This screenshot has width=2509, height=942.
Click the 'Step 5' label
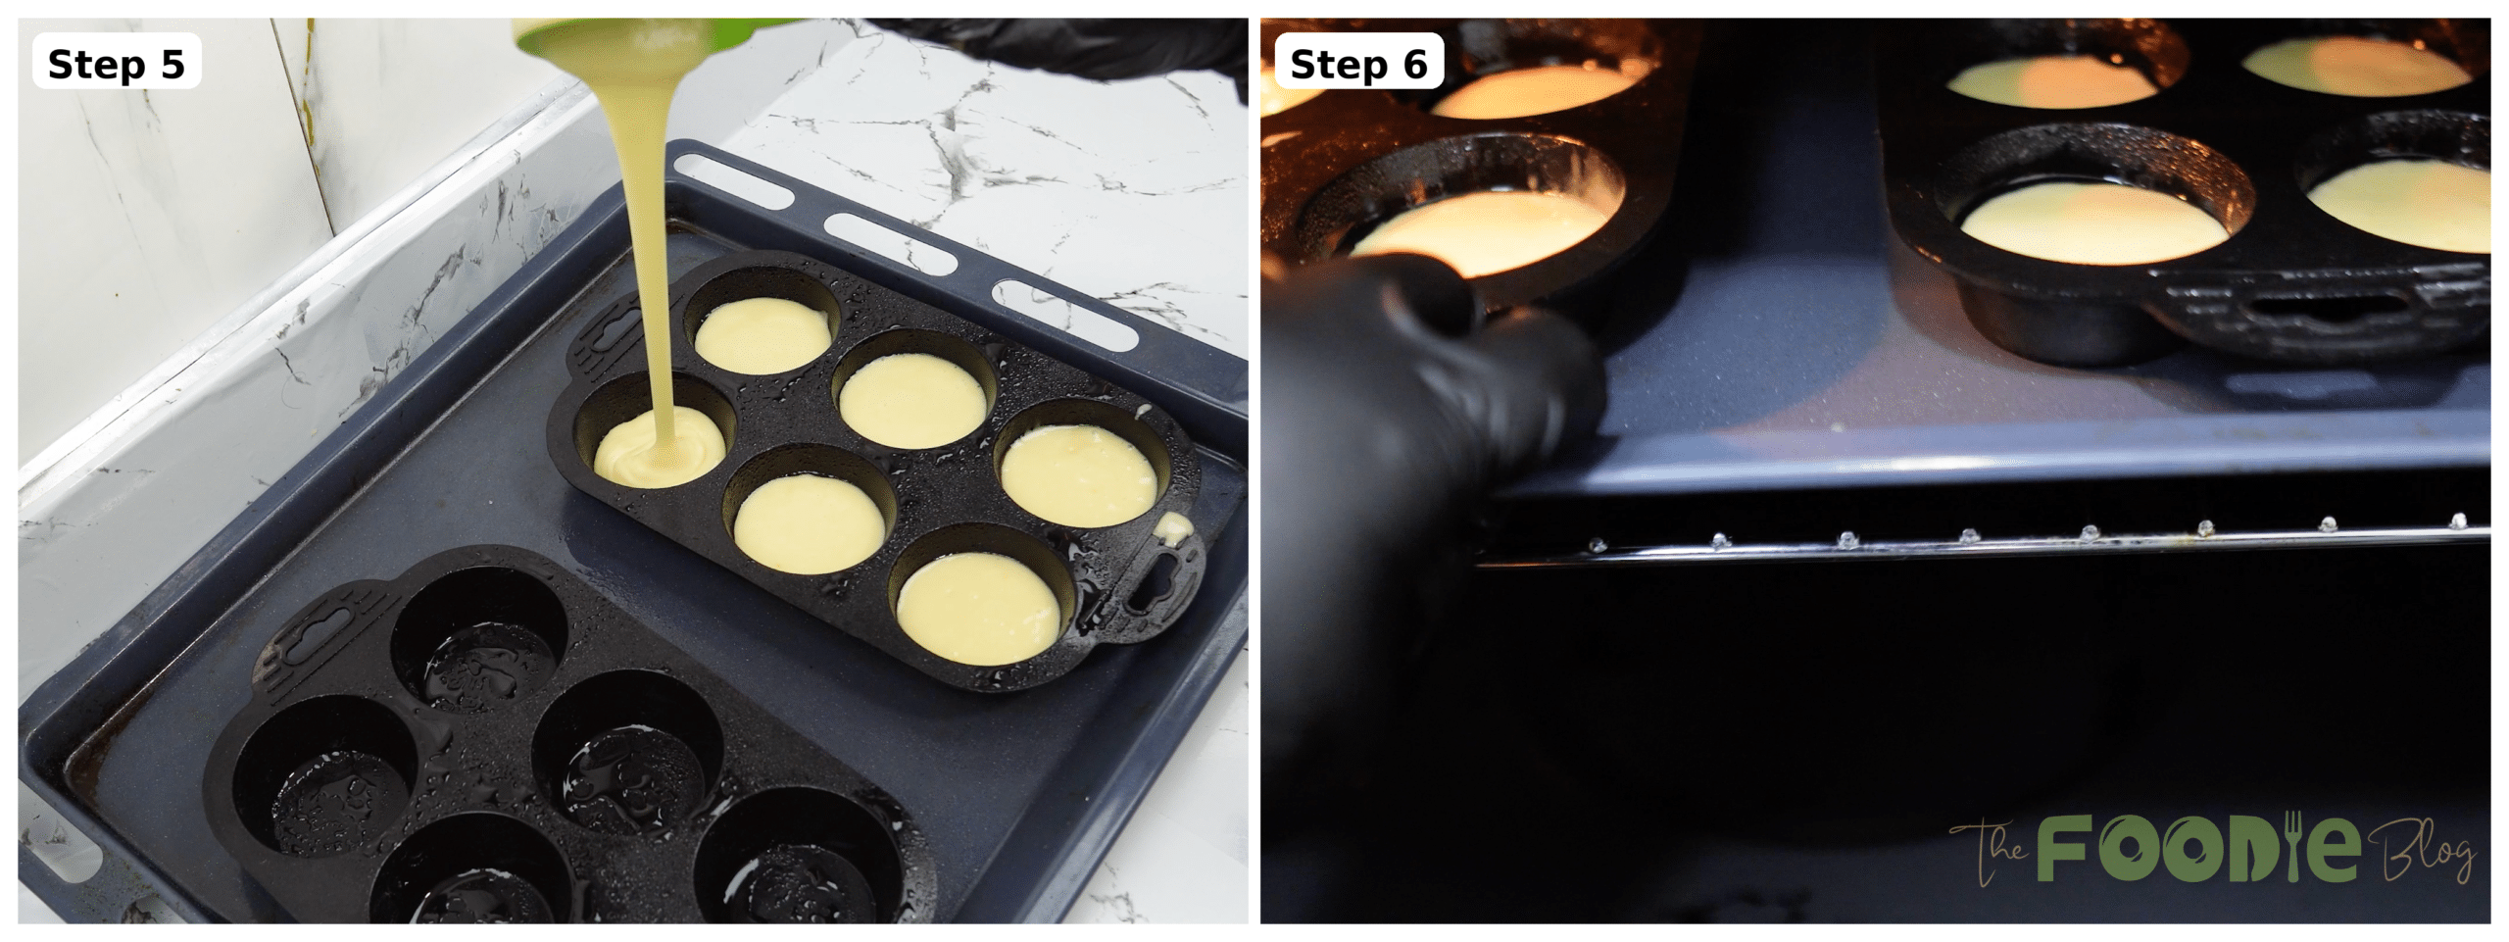coord(116,64)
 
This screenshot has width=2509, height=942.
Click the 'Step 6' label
coord(1357,64)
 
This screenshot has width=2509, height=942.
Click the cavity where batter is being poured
coord(659,446)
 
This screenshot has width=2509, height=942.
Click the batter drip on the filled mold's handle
coord(1173,529)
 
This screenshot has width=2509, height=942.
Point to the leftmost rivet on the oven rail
coord(1597,544)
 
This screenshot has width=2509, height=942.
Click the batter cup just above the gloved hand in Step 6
coord(1480,230)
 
